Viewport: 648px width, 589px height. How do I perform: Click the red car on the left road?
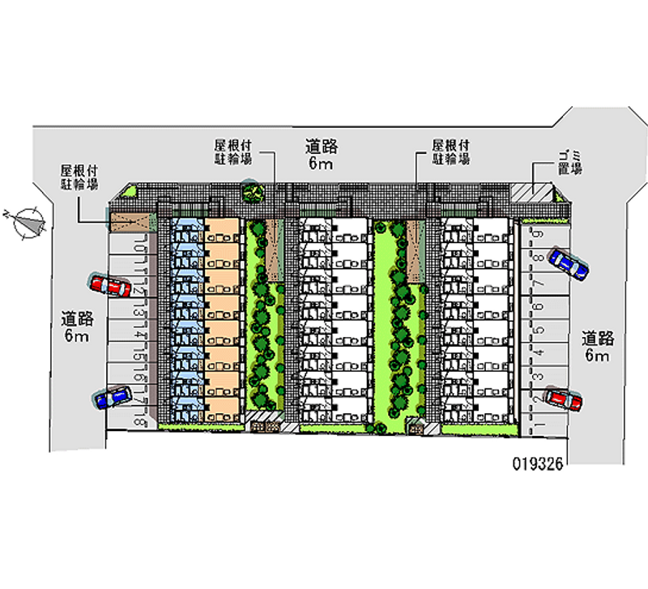[110, 285]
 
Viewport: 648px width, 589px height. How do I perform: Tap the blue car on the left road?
[112, 397]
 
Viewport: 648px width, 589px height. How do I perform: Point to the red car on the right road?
[562, 399]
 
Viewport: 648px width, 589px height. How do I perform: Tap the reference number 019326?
[538, 464]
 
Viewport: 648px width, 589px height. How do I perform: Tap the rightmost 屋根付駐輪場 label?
[450, 152]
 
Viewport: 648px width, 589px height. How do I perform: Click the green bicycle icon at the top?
[253, 193]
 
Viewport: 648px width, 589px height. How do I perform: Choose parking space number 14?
[142, 333]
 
